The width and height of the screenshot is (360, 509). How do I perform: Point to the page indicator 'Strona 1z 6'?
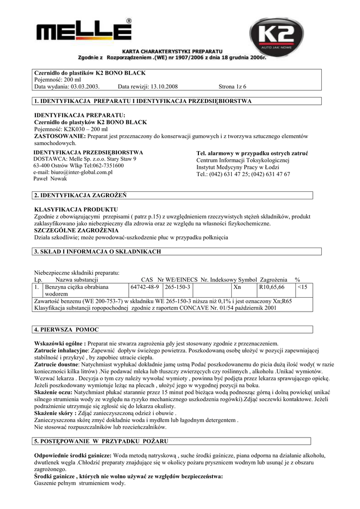click(233, 86)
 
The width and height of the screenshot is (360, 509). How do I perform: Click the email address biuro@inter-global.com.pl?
click(73, 172)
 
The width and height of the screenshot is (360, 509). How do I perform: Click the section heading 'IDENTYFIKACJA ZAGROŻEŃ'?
click(87, 195)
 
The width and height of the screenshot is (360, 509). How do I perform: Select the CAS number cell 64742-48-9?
click(145, 287)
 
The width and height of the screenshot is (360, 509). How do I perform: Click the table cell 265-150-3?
click(178, 287)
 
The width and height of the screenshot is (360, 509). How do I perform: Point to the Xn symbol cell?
click(237, 287)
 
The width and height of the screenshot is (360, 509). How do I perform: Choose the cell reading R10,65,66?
click(271, 287)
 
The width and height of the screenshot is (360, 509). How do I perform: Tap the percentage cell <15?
click(302, 287)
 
